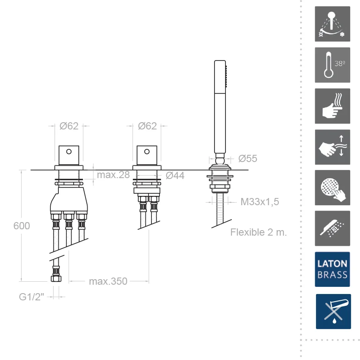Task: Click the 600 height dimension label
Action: (22, 226)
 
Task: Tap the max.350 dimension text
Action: (108, 281)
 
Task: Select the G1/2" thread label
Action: (31, 297)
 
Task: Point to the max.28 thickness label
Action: (113, 175)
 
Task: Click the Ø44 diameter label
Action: (175, 176)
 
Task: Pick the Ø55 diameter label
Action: (248, 159)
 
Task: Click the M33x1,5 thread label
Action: (260, 202)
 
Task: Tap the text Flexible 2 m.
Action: (258, 232)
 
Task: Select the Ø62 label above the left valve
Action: (69, 126)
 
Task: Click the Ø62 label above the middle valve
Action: (147, 126)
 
